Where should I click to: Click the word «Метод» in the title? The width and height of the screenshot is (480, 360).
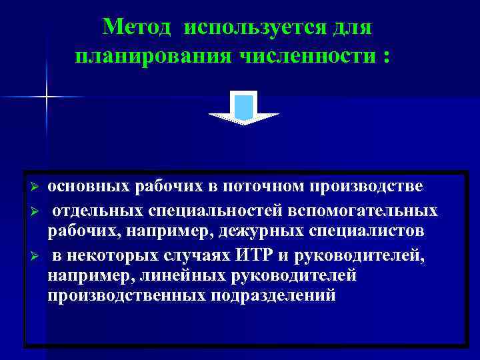(138, 27)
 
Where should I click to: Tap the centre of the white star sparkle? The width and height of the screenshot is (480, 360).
(47, 97)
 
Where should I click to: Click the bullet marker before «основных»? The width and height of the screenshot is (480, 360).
(36, 185)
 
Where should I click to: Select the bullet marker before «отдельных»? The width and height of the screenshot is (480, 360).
(36, 211)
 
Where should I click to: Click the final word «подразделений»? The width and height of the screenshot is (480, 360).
(273, 296)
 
